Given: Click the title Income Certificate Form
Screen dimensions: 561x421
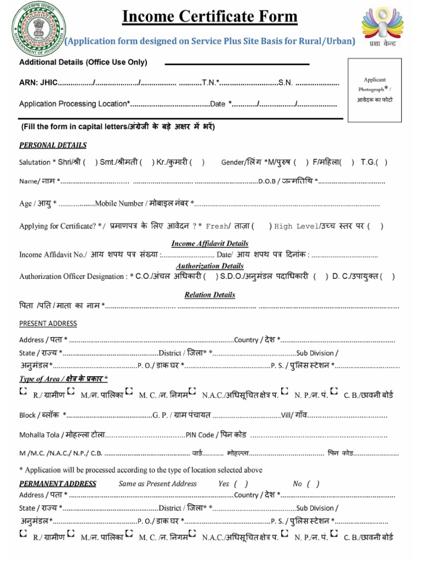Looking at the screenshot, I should pos(209,18).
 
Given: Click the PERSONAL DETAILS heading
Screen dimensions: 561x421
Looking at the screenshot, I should pos(53,146).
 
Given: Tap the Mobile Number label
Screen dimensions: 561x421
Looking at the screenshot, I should pos(119,204).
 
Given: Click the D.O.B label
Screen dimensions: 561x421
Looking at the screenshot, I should pos(268,181).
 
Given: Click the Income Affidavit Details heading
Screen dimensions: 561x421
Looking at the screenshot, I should pos(210,243).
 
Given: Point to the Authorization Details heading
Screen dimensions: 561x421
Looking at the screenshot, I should pos(210,266).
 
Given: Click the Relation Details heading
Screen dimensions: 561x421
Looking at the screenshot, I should pos(210,295).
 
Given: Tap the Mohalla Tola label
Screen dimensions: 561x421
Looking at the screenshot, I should pos(41,435).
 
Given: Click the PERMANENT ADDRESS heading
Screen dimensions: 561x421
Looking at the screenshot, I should pos(58,484).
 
